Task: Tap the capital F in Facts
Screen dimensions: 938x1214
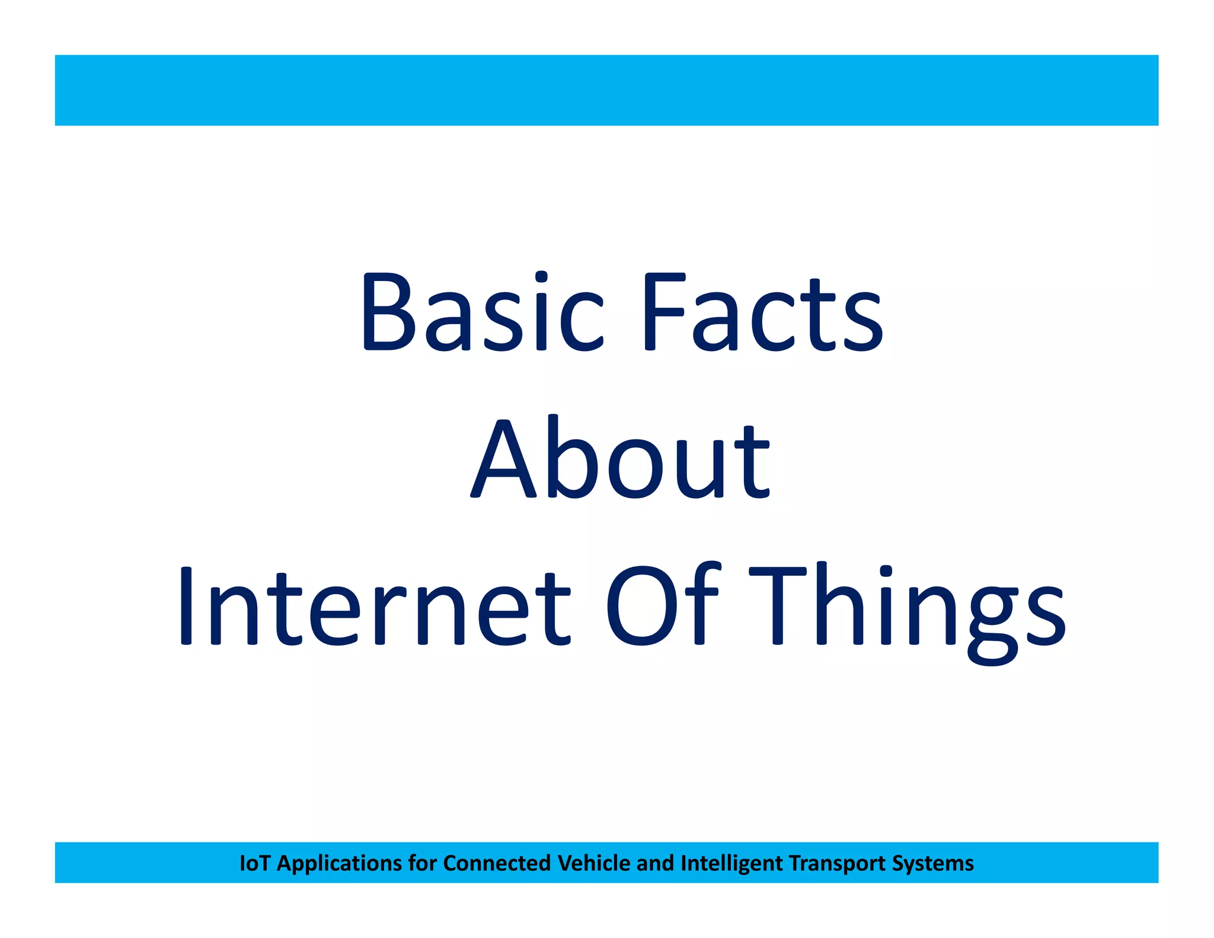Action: pos(664,311)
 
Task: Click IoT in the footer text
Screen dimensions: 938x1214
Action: pos(254,863)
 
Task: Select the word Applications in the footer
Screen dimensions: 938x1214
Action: pos(339,864)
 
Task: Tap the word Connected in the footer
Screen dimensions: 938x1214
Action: pos(497,863)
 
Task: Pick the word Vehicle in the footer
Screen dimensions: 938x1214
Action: pos(594,863)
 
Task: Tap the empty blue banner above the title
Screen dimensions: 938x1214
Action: pos(606,90)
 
